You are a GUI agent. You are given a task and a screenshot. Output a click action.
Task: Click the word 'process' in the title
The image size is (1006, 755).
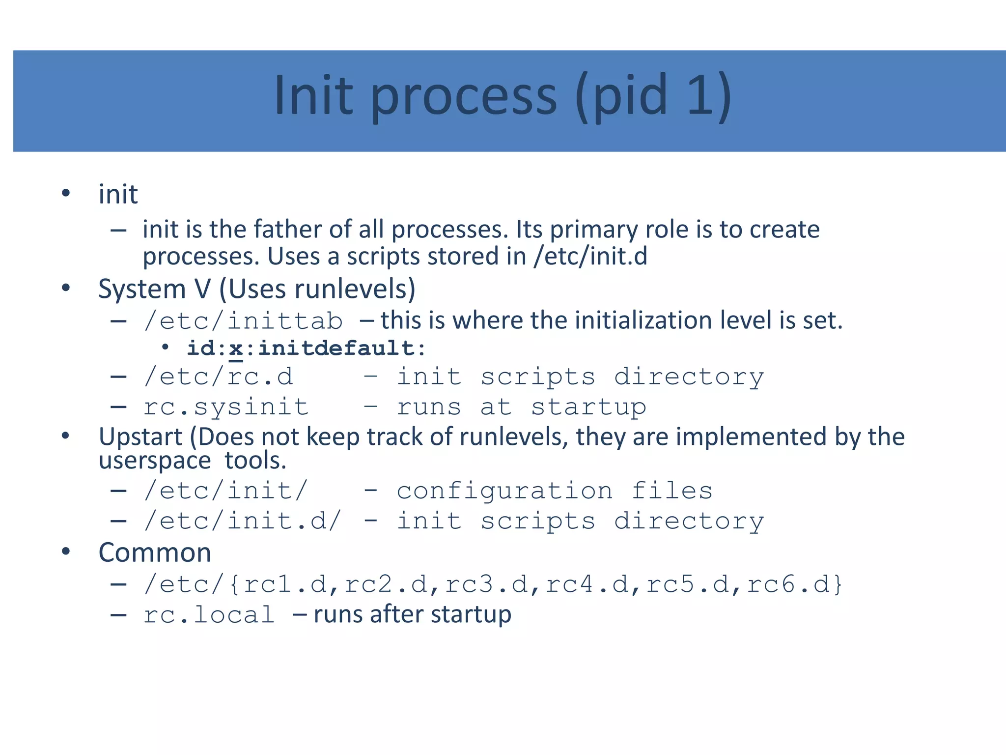click(x=464, y=97)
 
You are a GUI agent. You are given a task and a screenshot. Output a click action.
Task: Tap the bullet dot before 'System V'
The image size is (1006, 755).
click(x=66, y=288)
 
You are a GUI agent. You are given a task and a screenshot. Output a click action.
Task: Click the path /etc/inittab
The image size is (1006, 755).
click(x=243, y=321)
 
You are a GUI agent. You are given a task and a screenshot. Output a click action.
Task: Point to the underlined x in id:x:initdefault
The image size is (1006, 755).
click(x=236, y=349)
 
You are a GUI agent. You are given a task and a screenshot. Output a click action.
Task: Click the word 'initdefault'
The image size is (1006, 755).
click(x=336, y=348)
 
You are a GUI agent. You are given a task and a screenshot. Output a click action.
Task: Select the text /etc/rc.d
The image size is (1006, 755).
click(x=218, y=377)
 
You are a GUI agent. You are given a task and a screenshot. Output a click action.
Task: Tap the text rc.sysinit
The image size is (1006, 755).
click(x=226, y=407)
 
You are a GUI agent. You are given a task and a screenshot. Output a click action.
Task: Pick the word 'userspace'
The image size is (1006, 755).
click(x=155, y=461)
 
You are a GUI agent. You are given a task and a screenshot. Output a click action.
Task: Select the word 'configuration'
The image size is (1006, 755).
click(x=504, y=491)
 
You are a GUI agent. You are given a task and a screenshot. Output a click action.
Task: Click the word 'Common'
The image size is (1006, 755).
click(x=155, y=552)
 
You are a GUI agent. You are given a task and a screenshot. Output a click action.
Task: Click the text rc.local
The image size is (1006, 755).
click(x=209, y=615)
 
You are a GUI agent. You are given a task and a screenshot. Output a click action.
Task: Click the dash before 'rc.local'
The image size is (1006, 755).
click(x=118, y=615)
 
